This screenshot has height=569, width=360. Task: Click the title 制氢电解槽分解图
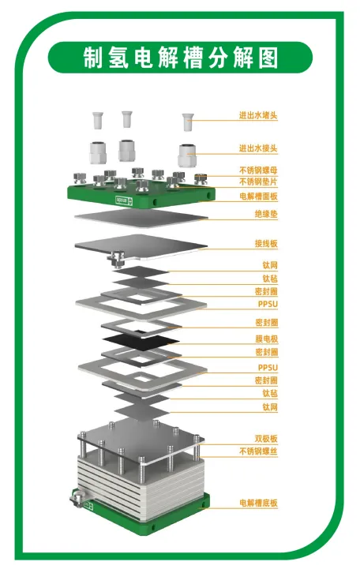point(180,58)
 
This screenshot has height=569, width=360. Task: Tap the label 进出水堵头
point(258,115)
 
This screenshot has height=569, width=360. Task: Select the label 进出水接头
point(258,148)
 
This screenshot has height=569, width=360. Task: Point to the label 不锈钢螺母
point(258,170)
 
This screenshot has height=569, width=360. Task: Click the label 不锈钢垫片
point(258,182)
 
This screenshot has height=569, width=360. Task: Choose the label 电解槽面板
point(258,197)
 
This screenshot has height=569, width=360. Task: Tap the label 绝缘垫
point(266,214)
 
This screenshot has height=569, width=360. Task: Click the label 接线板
point(266,243)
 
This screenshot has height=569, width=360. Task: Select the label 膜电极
point(266,339)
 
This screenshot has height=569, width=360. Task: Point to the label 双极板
point(266,438)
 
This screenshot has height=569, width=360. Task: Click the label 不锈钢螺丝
point(258,451)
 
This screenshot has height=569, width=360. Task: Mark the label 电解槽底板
point(258,503)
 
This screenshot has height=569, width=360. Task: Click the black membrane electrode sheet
point(141,342)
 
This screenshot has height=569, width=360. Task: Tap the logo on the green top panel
point(124,200)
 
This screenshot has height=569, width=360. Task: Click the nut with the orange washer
point(201,179)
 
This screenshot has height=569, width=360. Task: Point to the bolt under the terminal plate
point(116,259)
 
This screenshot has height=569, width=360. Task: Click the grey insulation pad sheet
point(141,217)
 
